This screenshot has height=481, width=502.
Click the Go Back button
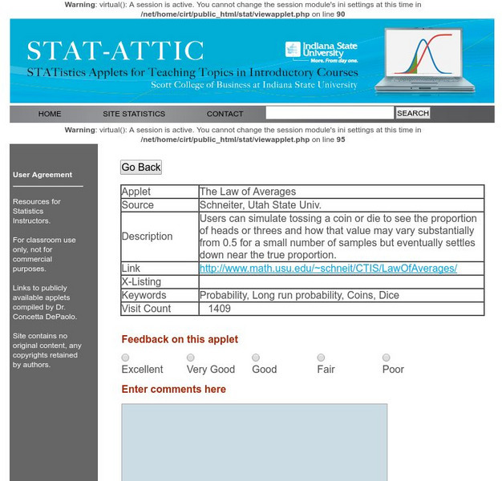(141, 168)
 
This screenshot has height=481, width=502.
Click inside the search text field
(330, 113)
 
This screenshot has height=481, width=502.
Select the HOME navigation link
(50, 114)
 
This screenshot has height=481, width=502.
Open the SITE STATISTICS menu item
(134, 114)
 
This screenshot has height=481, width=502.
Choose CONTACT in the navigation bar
(225, 114)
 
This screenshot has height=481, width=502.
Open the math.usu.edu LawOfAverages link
(328, 268)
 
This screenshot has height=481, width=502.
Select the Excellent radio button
(126, 358)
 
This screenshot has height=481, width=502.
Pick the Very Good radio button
(191, 358)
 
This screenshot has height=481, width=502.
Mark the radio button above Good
(256, 358)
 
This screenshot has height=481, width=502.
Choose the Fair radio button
(321, 358)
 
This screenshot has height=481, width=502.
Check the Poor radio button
(387, 358)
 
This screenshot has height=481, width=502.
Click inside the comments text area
(254, 441)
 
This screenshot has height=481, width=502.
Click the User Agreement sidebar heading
(43, 175)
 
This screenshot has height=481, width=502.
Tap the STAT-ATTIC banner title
(115, 51)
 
